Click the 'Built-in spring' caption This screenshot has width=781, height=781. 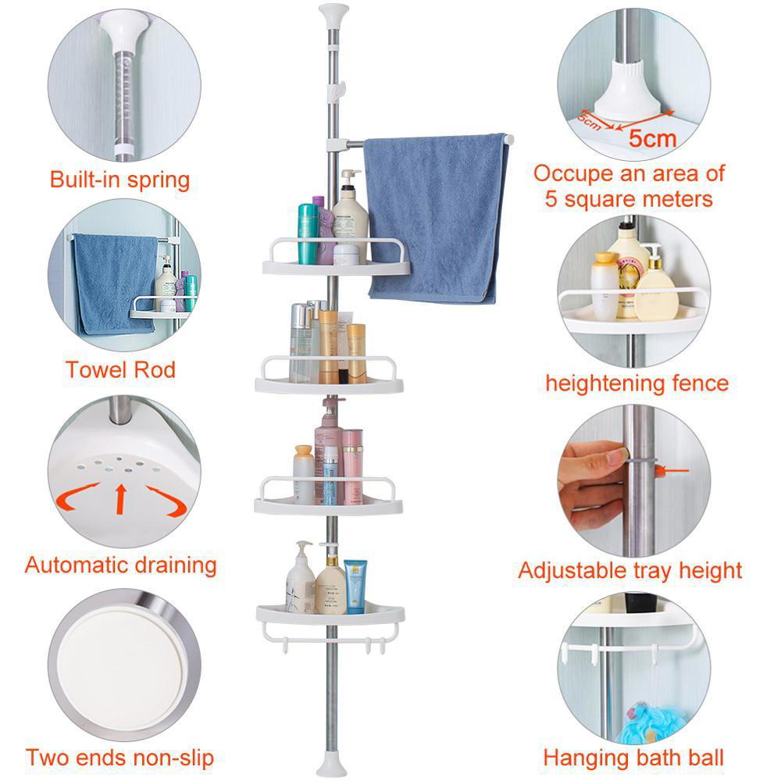tap(119, 180)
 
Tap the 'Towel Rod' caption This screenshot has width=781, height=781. tap(120, 369)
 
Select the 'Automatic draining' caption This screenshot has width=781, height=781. tap(120, 565)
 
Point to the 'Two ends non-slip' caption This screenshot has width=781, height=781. tap(119, 757)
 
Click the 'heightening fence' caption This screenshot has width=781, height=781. tap(637, 383)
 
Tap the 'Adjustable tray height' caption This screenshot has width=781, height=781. tap(630, 571)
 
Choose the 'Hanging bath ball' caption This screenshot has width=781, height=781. tap(633, 757)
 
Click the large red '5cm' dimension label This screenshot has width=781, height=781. tap(653, 139)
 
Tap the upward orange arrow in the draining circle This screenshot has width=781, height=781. tap(120, 498)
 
